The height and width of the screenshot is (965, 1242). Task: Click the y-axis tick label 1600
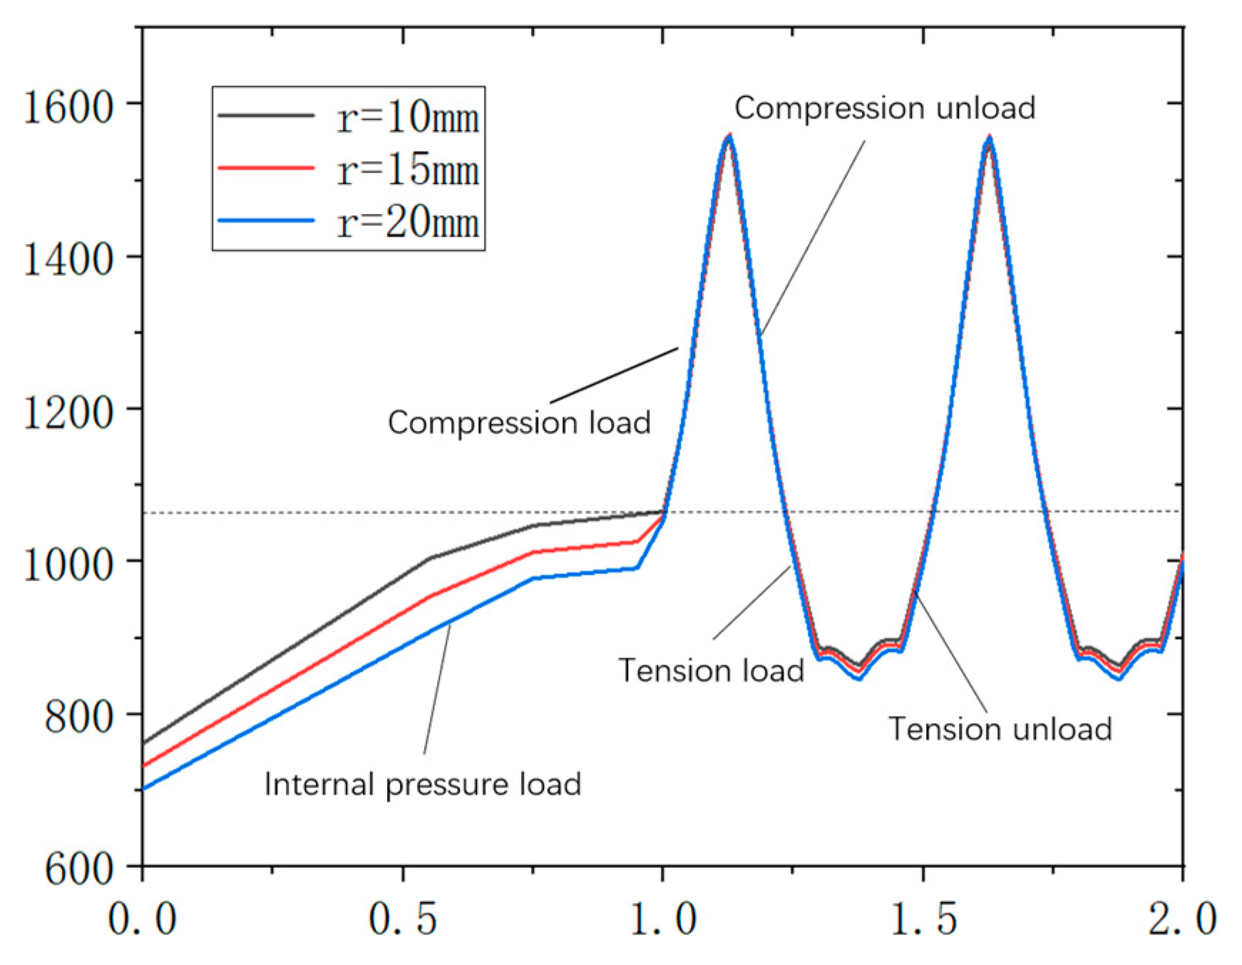pos(68,108)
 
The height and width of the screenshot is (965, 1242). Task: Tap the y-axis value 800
pos(78,716)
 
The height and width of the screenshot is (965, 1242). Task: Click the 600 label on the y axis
pos(78,869)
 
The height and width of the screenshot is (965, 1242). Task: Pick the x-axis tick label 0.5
pos(403,918)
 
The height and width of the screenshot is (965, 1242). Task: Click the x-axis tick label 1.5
pos(923,918)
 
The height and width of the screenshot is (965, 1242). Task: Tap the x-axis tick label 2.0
pos(1182,918)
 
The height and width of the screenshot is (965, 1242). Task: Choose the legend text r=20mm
pos(408,222)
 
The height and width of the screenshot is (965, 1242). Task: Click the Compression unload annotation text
pos(885,108)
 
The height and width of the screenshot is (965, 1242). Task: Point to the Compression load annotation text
pos(519,422)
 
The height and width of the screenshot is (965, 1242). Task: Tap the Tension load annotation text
pos(711,670)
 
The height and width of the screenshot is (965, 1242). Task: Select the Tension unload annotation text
pos(1000,729)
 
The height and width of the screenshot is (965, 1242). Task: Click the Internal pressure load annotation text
pos(423,784)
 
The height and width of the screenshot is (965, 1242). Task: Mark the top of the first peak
pos(728,136)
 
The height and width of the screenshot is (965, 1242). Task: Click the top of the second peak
pos(989,136)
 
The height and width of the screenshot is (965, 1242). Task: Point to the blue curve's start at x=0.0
pos(144,789)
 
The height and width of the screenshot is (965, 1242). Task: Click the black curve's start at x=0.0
pos(144,743)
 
